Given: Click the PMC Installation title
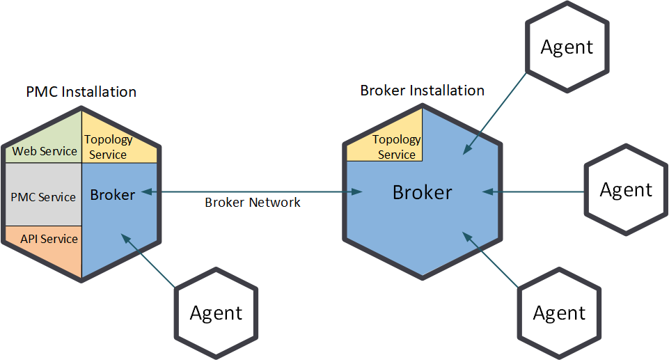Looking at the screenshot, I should [81, 92].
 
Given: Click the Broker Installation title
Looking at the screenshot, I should [422, 91].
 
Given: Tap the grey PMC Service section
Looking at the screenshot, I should [43, 197].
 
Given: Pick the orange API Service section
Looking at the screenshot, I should [47, 240].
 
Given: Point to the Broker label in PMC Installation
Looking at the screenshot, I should [112, 194].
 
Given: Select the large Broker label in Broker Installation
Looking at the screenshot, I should [422, 192].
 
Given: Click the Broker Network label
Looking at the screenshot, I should [253, 203].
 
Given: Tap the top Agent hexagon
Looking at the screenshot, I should [567, 47].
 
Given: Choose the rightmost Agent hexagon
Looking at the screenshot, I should [626, 190].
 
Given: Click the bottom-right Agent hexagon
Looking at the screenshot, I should [559, 313].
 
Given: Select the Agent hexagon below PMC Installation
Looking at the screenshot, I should [216, 313].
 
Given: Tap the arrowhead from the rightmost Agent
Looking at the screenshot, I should [485, 190].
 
